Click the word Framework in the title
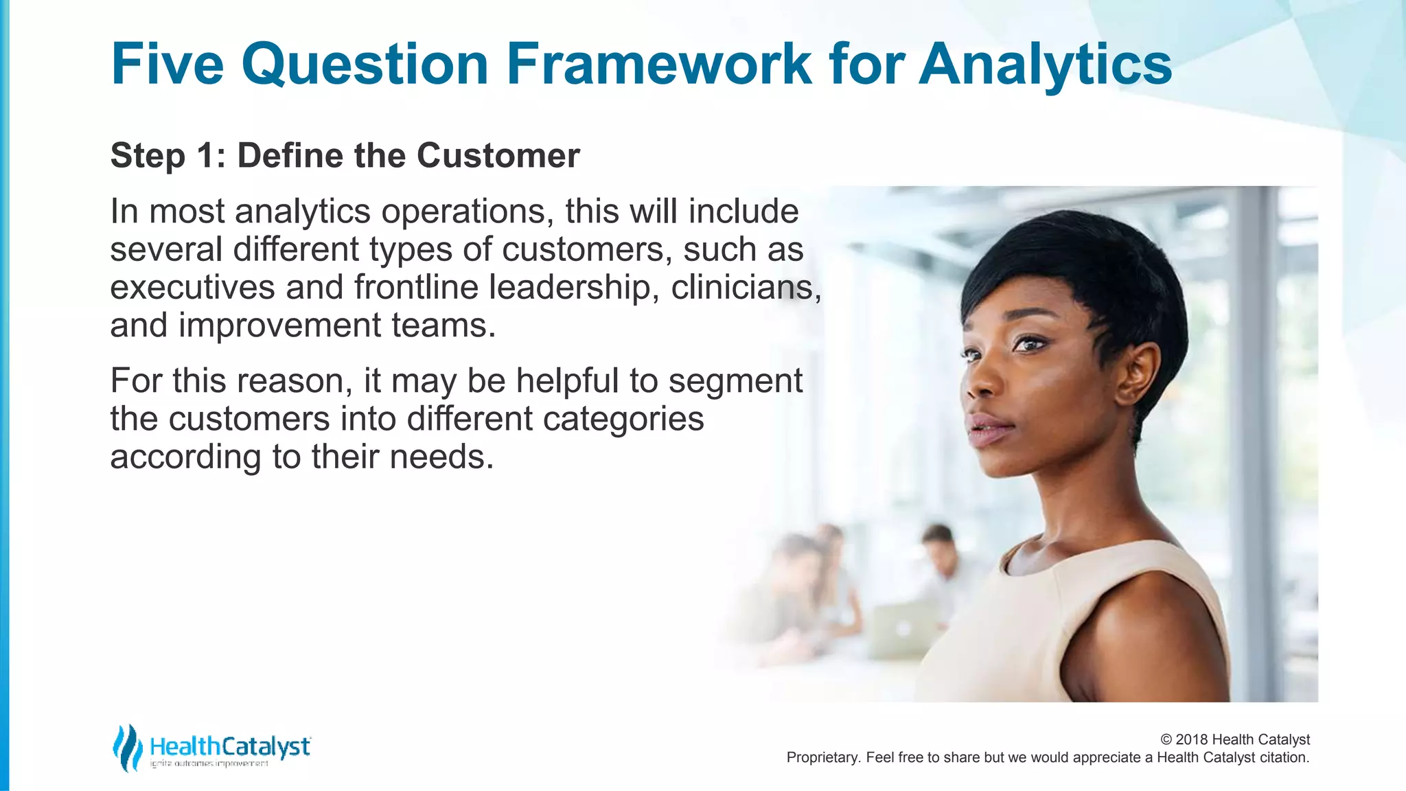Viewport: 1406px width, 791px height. [x=659, y=64]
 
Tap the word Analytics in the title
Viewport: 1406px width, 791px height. [x=1045, y=64]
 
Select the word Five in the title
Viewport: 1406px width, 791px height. [x=168, y=64]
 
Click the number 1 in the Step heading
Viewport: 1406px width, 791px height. [x=207, y=155]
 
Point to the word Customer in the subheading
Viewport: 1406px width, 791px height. [x=498, y=155]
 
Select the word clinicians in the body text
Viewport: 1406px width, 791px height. [x=746, y=287]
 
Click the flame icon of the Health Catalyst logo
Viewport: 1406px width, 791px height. [x=127, y=748]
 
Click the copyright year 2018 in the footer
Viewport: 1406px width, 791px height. [x=1192, y=740]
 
